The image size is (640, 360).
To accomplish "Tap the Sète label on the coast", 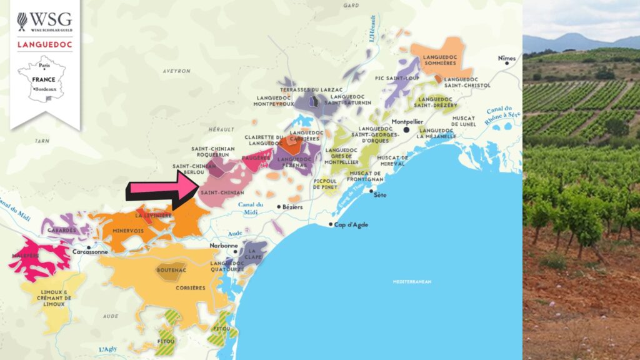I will [379, 196].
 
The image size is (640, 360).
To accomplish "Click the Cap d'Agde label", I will [351, 224].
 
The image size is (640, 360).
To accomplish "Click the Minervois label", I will [128, 231].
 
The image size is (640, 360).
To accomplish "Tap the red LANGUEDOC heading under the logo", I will [45, 44].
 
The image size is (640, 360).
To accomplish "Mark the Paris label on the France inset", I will [44, 65].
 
